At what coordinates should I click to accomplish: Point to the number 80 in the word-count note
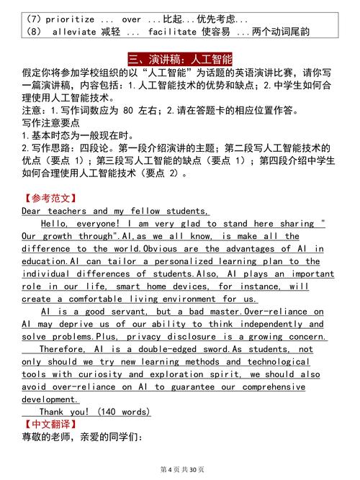click(x=129, y=111)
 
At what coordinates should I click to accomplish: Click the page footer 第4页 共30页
click(x=179, y=468)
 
